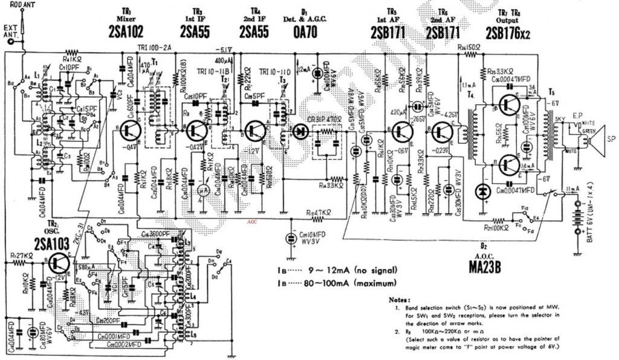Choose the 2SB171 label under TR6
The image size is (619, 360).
(x=445, y=33)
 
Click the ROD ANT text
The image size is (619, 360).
(x=22, y=4)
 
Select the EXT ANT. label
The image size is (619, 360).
(x=10, y=30)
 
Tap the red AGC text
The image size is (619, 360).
(x=253, y=222)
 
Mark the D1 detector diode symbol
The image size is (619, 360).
(x=299, y=130)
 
